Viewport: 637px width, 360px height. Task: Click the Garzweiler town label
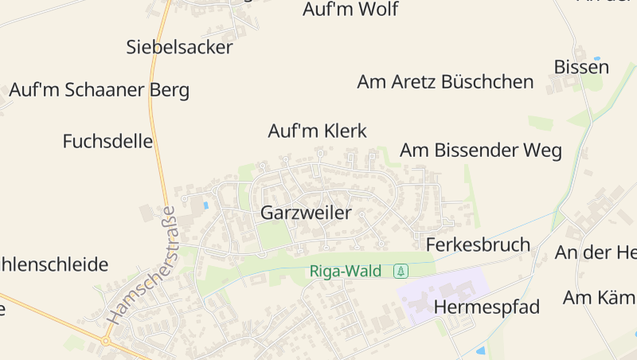tap(306, 213)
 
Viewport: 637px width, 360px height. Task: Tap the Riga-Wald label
tap(346, 271)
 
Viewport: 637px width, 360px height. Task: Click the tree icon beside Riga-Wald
tap(401, 271)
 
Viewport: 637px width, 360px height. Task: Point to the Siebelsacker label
tap(179, 47)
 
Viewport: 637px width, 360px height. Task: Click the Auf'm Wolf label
tap(350, 10)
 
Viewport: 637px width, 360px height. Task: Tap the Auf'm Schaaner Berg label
tap(99, 90)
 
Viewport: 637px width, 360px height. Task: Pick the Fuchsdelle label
tap(107, 142)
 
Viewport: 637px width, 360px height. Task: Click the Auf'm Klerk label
tap(317, 131)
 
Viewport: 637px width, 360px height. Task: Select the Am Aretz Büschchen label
tap(445, 81)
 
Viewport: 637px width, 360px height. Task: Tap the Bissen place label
tap(581, 67)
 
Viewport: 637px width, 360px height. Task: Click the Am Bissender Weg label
tap(481, 150)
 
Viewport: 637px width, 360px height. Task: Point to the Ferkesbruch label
tap(478, 245)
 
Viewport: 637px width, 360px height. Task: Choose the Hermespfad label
tap(487, 307)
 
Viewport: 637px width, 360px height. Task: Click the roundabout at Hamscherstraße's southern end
tap(106, 341)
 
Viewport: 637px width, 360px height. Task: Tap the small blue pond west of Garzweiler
tap(205, 205)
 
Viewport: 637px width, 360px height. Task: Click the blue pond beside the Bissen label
tap(596, 59)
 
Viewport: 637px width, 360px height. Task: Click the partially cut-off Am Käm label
tap(599, 298)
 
